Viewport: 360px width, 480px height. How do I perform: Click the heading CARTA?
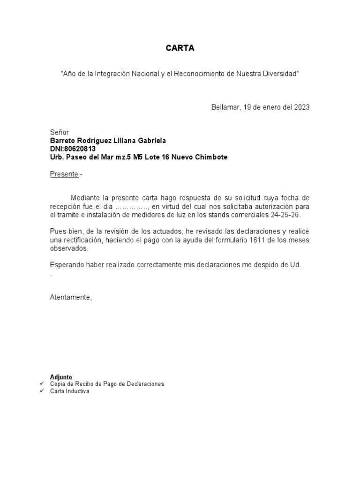(180, 48)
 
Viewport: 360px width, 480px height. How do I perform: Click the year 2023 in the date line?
(302, 107)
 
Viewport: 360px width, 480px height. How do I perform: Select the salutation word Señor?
(60, 133)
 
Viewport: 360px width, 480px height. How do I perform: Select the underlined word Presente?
(64, 174)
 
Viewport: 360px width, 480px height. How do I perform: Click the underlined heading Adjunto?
(61, 377)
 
